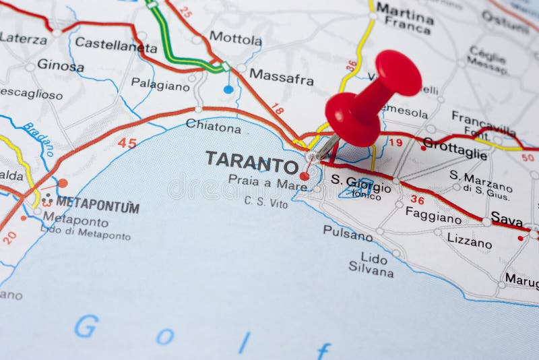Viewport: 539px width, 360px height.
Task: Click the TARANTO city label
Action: [x=252, y=162]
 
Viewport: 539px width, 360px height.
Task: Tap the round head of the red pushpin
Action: [x=398, y=72]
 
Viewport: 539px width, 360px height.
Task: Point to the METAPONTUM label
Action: [x=97, y=204]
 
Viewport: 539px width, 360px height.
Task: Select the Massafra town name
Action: [x=281, y=78]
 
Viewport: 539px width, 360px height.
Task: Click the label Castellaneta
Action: [x=115, y=45]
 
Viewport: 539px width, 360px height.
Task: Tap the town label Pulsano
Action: [x=347, y=233]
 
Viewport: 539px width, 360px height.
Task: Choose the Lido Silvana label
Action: [x=371, y=265]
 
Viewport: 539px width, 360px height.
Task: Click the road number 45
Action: [x=127, y=142]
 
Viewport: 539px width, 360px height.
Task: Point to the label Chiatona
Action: [x=213, y=125]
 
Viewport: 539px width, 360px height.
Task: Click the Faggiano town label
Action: [x=433, y=215]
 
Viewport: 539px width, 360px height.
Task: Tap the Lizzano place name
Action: [x=469, y=240]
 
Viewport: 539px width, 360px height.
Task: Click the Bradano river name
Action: [x=38, y=139]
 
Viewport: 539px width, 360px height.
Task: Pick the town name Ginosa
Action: [x=60, y=65]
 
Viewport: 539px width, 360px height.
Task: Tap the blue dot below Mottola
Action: [x=228, y=89]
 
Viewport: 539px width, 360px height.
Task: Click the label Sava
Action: [x=507, y=218]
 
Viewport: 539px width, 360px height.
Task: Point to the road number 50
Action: [x=528, y=157]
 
